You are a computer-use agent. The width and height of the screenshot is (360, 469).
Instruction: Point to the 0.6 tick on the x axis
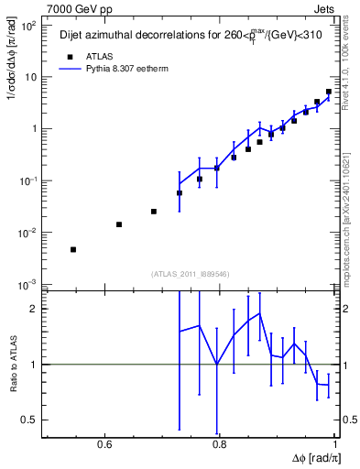coord(104,444)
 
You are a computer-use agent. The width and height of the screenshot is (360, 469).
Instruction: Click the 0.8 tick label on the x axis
coord(219,444)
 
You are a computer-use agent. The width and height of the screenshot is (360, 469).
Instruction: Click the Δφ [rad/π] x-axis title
coord(316,459)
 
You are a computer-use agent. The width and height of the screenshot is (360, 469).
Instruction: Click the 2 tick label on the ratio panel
coord(36,309)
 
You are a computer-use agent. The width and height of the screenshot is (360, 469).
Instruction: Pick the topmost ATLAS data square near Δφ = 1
coord(329,92)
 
